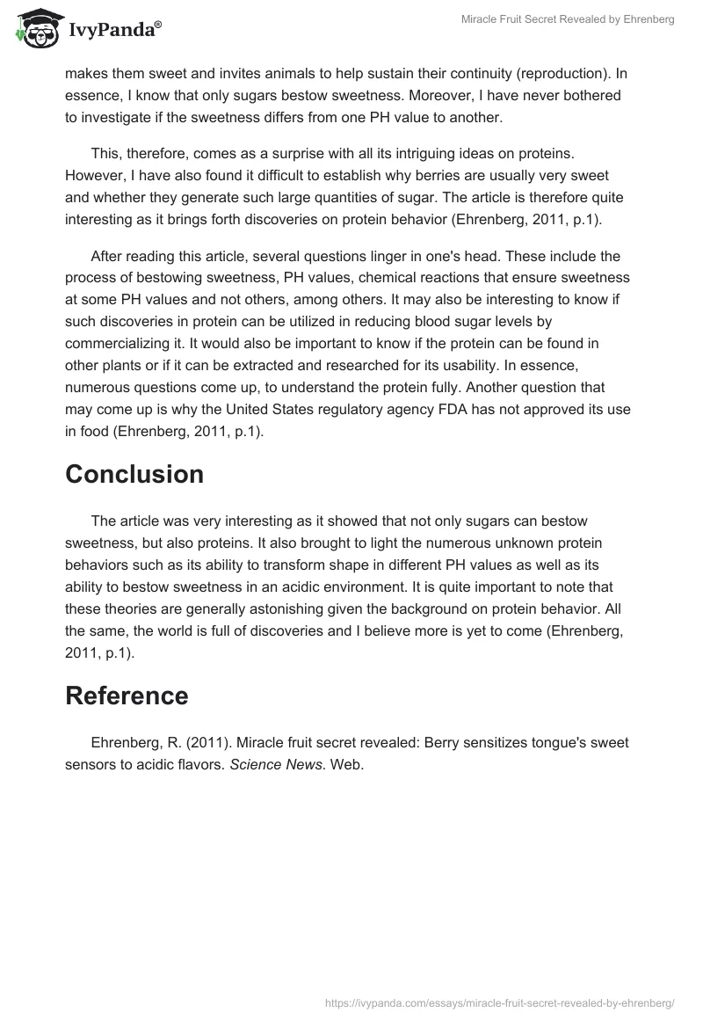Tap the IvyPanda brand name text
coord(112,28)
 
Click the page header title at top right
coord(568,19)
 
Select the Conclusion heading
coord(134,474)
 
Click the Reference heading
coord(127,696)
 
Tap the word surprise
coord(308,155)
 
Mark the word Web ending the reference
coord(345,765)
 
